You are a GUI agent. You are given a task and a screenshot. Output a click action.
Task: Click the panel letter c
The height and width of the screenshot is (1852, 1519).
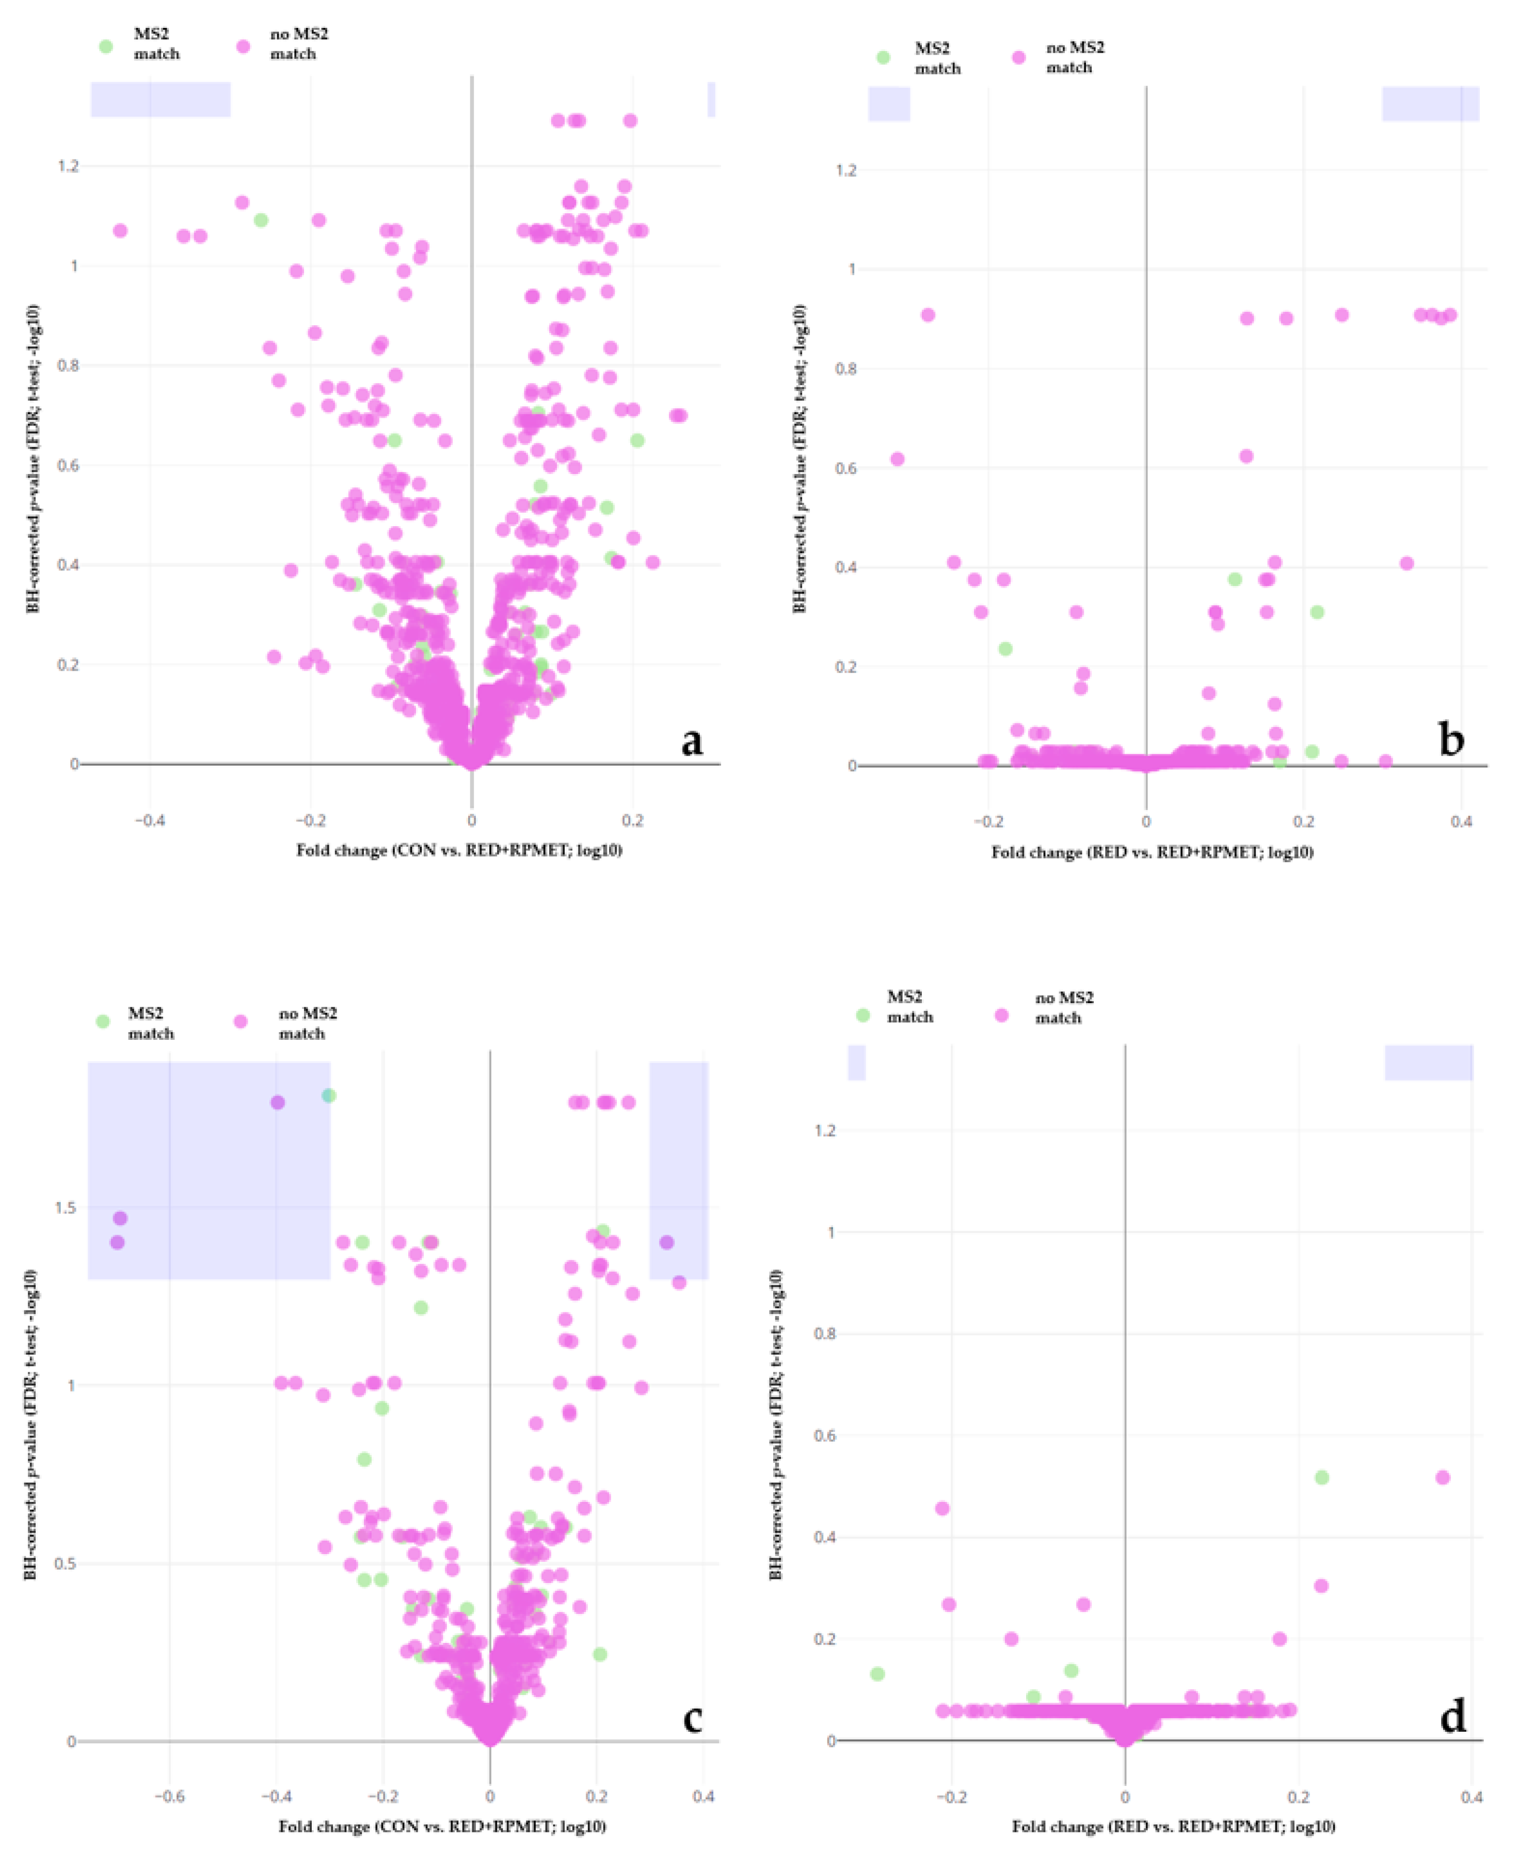point(691,1718)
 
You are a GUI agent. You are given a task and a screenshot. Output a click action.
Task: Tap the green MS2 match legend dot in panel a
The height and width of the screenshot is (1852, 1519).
point(106,46)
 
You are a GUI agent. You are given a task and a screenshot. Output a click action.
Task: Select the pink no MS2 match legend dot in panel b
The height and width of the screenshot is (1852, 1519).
point(1018,58)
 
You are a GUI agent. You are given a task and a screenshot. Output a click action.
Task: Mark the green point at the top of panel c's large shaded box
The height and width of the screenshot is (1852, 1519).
point(328,1096)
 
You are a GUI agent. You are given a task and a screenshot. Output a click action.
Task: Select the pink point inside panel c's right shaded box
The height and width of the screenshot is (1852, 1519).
point(667,1242)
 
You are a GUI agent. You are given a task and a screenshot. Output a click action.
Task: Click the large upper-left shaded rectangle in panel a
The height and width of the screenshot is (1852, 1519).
point(160,99)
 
